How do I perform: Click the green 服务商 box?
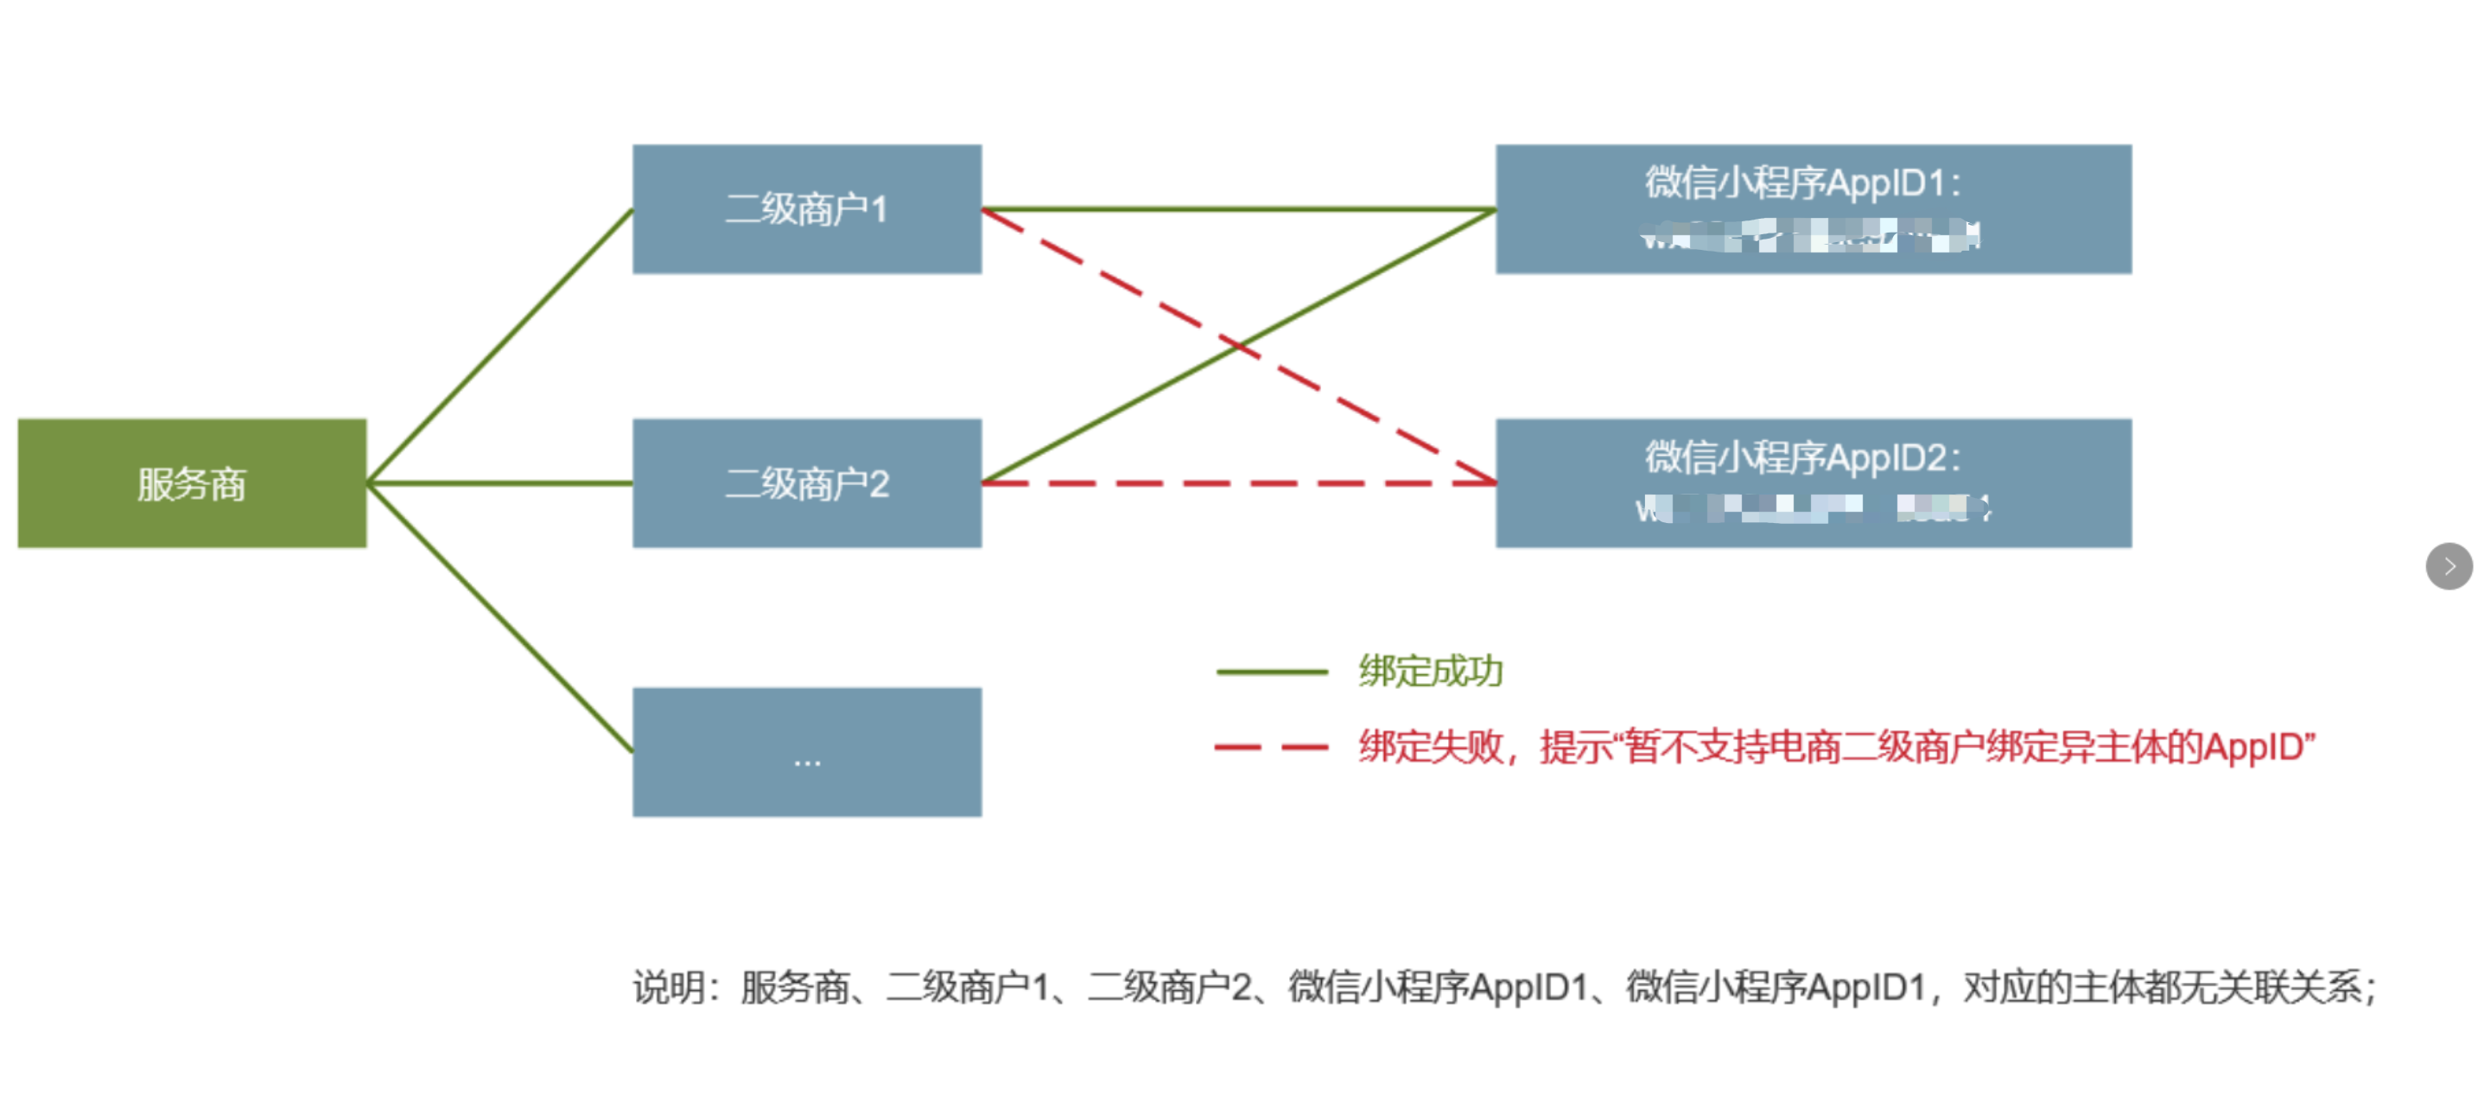click(x=192, y=483)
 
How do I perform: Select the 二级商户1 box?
click(x=806, y=209)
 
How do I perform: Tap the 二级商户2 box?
click(x=806, y=483)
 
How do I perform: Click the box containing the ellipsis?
click(x=806, y=751)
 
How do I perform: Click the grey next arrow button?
click(x=2448, y=565)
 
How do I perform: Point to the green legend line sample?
click(x=1271, y=672)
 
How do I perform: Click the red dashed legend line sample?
click(x=1271, y=747)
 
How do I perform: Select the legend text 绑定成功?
click(x=1431, y=672)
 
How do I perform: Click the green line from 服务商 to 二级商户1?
click(x=500, y=347)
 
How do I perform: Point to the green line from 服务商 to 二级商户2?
click(x=500, y=483)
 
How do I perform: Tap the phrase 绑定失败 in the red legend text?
click(x=1431, y=748)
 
